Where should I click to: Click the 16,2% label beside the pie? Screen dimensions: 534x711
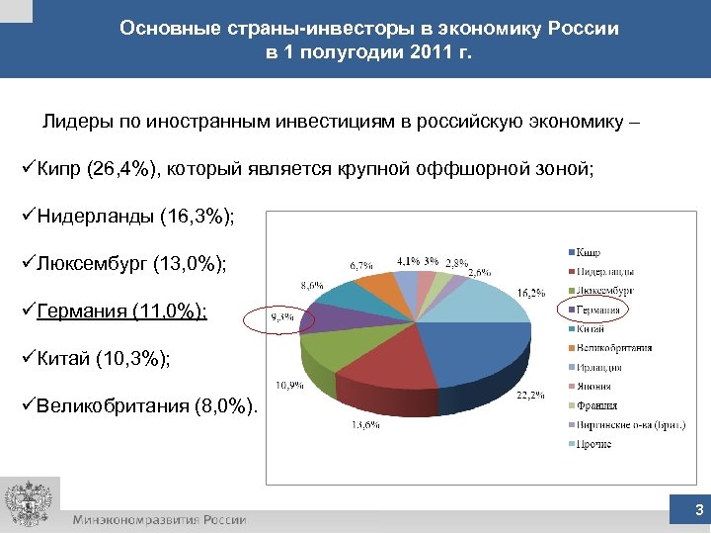[531, 294]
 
